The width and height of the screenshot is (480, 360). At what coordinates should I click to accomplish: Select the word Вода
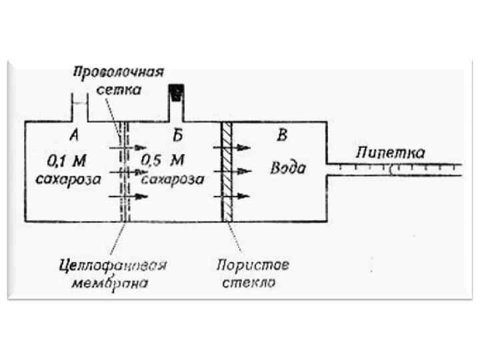287,167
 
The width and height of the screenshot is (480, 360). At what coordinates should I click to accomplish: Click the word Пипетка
389,152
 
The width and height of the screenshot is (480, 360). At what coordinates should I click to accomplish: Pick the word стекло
249,283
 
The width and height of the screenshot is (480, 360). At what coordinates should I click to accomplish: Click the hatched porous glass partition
227,171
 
